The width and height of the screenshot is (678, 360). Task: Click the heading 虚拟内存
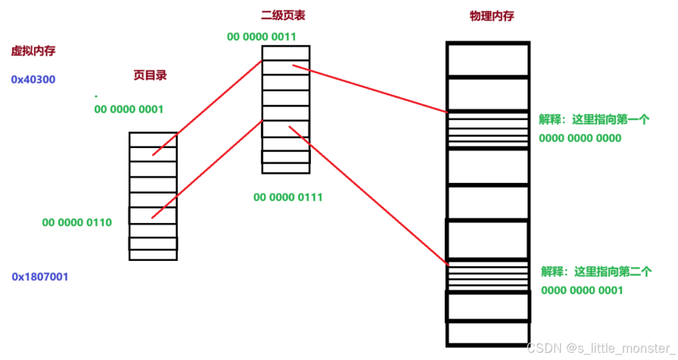[33, 51]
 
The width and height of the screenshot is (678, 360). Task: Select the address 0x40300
[33, 79]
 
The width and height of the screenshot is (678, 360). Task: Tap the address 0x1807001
[40, 277]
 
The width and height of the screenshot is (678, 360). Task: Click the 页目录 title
[150, 76]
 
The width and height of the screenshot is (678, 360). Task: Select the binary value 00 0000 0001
[129, 109]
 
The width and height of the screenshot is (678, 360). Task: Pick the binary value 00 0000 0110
[77, 222]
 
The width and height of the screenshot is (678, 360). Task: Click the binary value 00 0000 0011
[261, 37]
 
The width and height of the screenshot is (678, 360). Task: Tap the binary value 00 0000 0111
[287, 197]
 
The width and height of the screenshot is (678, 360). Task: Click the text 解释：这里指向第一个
[594, 120]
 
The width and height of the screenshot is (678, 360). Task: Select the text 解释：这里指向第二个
[596, 271]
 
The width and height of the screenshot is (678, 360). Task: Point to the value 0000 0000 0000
[580, 138]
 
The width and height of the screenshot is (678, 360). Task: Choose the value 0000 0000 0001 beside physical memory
[581, 291]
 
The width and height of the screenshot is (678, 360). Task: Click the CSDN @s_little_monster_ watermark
[601, 349]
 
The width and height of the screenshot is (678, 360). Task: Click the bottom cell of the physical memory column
[487, 333]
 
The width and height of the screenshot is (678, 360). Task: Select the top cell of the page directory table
[153, 140]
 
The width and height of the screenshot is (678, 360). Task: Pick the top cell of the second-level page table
[286, 53]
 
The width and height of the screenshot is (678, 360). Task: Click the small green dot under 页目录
[96, 96]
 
